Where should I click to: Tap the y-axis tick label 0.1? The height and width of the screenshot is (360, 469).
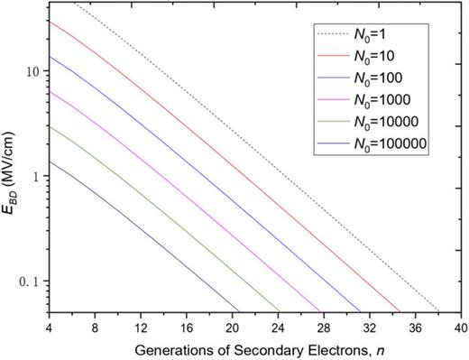(30, 282)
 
